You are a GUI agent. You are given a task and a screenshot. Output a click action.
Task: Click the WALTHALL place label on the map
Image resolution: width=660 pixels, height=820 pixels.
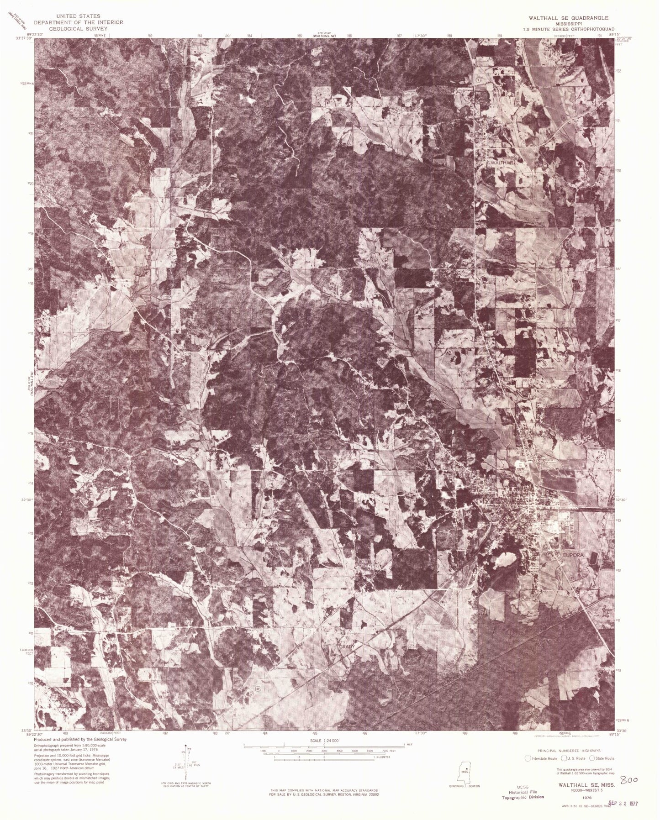pyautogui.click(x=502, y=163)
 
